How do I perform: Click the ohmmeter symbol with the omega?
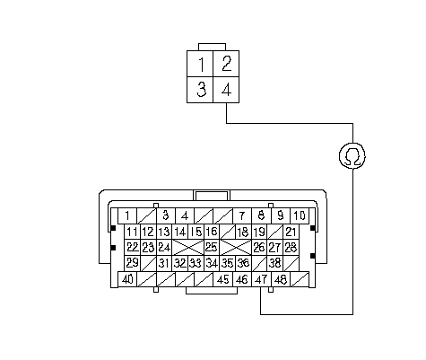pyautogui.click(x=352, y=155)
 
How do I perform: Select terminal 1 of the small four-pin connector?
pyautogui.click(x=200, y=64)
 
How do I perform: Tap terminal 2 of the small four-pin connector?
pyautogui.click(x=226, y=64)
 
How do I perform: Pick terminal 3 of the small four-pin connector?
pyautogui.click(x=200, y=90)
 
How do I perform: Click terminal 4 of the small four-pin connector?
pyautogui.click(x=226, y=90)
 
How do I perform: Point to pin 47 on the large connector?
pyautogui.click(x=262, y=279)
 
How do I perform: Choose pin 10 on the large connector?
pyautogui.click(x=300, y=215)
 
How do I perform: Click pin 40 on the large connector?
pyautogui.click(x=127, y=279)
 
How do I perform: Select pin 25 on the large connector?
pyautogui.click(x=212, y=247)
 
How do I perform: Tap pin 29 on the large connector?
pyautogui.click(x=133, y=263)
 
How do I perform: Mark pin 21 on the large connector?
pyautogui.click(x=291, y=232)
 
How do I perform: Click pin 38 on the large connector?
pyautogui.click(x=275, y=263)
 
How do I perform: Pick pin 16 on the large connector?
pyautogui.click(x=212, y=232)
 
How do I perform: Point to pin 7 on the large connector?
pyautogui.click(x=242, y=215)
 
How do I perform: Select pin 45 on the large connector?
pyautogui.click(x=223, y=279)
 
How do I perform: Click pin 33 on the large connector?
pyautogui.click(x=196, y=263)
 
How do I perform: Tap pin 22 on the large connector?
pyautogui.click(x=133, y=247)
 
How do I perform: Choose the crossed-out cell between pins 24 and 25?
pyautogui.click(x=188, y=247)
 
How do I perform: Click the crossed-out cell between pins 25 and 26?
pyautogui.click(x=236, y=247)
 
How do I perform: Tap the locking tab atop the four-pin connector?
pyautogui.click(x=212, y=47)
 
